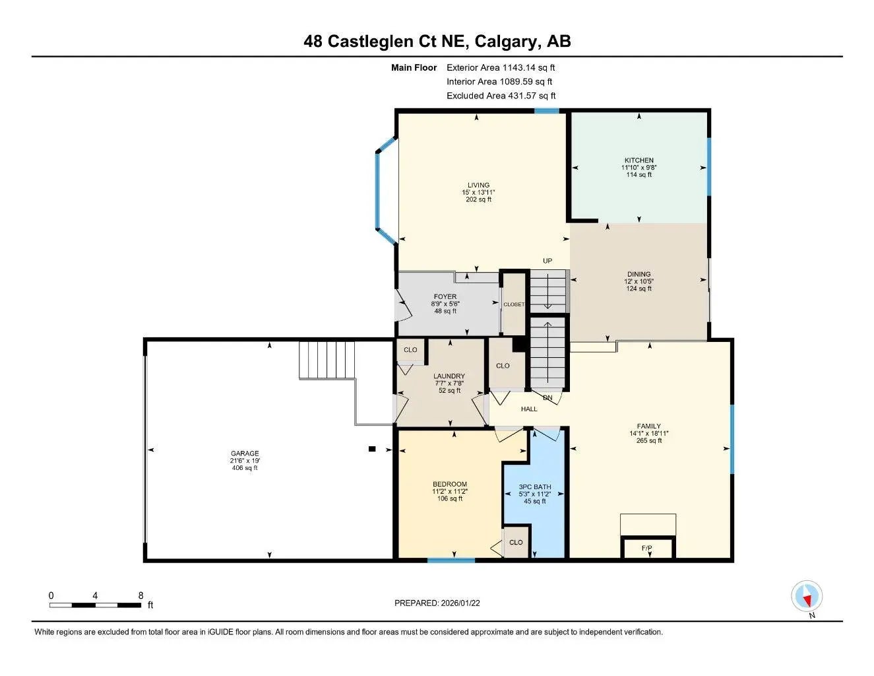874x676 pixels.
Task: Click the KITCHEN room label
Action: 639,160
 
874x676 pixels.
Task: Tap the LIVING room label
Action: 478,186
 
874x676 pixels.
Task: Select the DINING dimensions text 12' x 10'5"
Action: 639,281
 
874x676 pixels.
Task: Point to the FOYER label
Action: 445,297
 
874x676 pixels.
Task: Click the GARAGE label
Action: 244,454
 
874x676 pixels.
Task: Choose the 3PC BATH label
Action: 534,487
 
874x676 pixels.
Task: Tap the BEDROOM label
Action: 449,484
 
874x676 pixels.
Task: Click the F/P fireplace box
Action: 647,549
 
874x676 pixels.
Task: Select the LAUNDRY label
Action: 449,376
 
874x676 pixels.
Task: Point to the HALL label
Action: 529,409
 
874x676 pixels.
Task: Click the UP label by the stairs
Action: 547,261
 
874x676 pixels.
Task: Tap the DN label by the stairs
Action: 547,398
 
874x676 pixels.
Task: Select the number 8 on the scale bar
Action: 140,595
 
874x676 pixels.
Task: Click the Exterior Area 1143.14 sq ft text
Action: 501,67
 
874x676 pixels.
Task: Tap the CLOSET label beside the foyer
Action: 514,304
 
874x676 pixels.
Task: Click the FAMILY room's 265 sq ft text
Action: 648,440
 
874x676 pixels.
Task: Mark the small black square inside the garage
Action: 372,449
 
